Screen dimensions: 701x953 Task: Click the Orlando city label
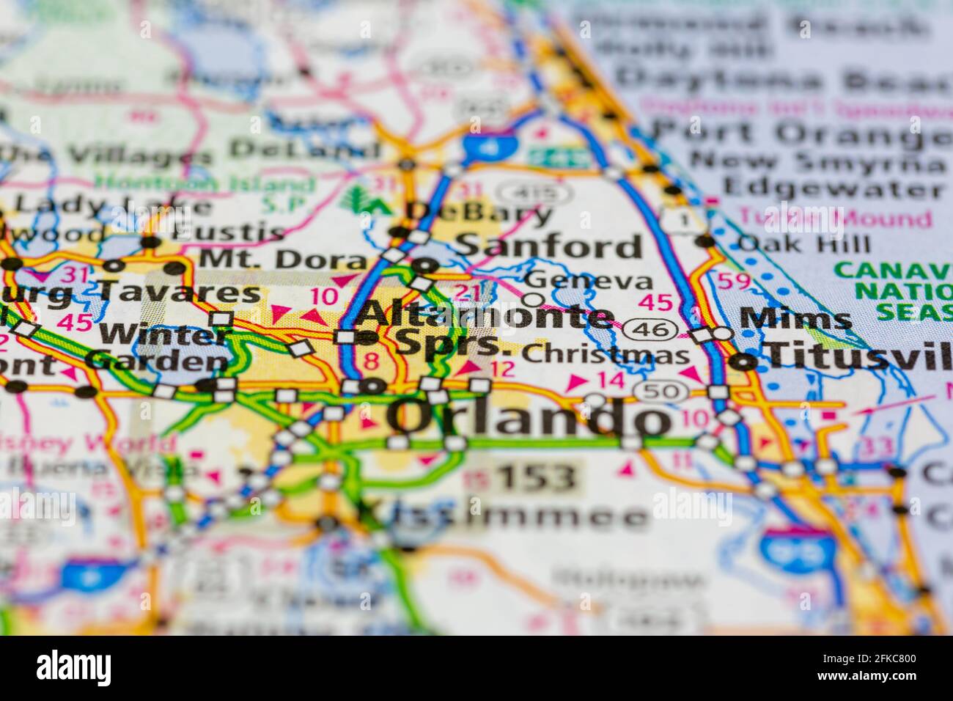[528, 419]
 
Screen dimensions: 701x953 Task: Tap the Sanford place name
[548, 246]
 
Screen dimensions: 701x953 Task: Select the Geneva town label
[589, 280]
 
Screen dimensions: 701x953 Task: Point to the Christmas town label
[606, 355]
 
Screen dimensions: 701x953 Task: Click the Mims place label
[795, 319]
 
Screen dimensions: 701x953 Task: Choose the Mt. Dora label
[282, 259]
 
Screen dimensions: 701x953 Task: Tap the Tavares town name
[180, 293]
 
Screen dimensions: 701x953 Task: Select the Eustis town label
[229, 234]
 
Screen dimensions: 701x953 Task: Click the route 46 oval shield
[651, 330]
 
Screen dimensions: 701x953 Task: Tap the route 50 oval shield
[661, 392]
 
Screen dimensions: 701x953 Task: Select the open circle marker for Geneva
[533, 299]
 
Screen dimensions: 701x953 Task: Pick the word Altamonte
[484, 315]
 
